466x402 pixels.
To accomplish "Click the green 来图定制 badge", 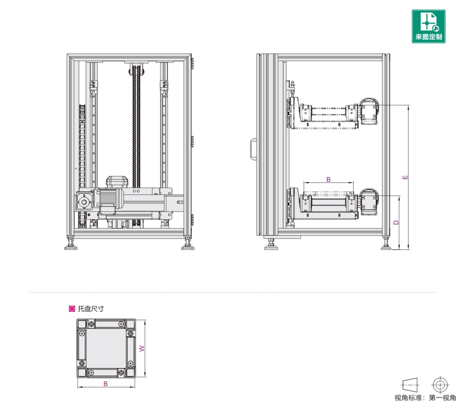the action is tap(428, 26).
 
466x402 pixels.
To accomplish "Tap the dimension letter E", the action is tap(405, 178).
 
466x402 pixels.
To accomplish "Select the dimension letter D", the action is tap(396, 222).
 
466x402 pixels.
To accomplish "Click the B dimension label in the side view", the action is tap(328, 179).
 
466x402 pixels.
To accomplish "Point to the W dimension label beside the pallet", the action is tap(142, 349).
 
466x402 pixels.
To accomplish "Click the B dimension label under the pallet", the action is tap(105, 384).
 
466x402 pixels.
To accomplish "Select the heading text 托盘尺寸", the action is tap(91, 309).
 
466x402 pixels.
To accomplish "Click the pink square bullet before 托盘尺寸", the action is tap(72, 309).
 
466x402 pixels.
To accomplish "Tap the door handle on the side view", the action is tap(253, 149).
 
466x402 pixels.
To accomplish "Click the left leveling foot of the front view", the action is tap(71, 243).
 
